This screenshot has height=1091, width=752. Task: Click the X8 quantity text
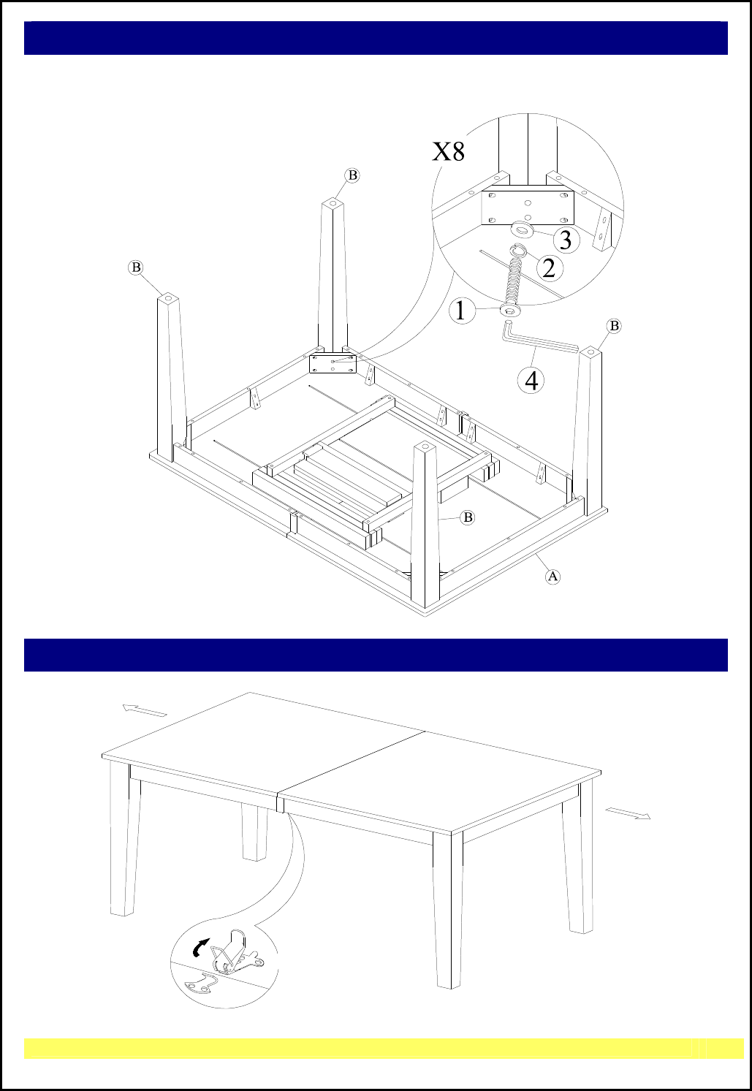[x=449, y=151]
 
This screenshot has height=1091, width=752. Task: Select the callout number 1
[x=460, y=311]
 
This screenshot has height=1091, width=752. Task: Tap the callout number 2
[x=549, y=267]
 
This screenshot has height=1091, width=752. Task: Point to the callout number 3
[x=566, y=240]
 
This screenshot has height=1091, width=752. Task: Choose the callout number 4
[x=531, y=381]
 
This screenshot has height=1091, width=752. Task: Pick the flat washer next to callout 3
[x=522, y=229]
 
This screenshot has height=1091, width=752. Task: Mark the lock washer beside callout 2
[x=519, y=251]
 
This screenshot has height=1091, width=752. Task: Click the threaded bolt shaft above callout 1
[x=512, y=284]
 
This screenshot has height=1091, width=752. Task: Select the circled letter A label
[x=552, y=577]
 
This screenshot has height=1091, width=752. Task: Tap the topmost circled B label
[x=352, y=175]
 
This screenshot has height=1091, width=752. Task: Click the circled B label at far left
[x=136, y=267]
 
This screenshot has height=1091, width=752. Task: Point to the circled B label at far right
[x=614, y=326]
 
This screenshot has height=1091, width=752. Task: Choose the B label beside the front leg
[x=468, y=517]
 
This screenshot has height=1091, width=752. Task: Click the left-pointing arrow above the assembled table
[x=144, y=710]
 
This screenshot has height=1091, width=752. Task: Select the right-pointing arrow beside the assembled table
[x=628, y=813]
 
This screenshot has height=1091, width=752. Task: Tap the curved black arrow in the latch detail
[x=200, y=947]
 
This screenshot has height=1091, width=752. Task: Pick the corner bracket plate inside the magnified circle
[x=528, y=208]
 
